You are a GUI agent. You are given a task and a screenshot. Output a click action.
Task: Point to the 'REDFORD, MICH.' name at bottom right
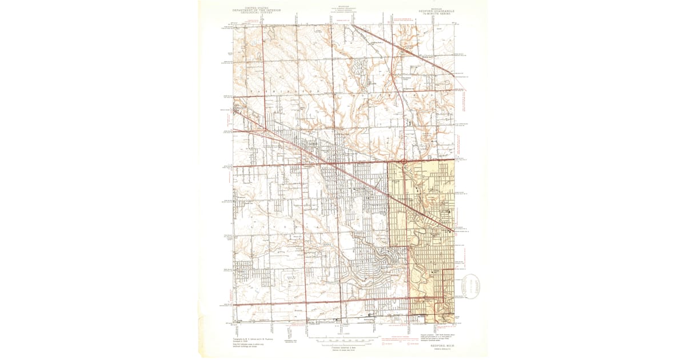[439, 345]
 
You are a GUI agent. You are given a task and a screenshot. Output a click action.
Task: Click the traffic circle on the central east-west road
[404, 162]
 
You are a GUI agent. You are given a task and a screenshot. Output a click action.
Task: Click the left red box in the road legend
[382, 344]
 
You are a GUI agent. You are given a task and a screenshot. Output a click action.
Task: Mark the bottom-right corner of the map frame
[453, 323]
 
